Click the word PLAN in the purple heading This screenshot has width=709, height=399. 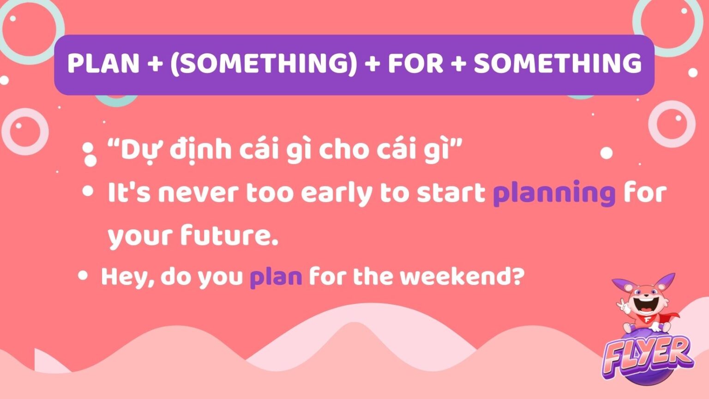coord(103,63)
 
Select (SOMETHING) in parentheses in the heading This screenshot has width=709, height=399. coord(264,63)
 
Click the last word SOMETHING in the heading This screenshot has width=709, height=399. coord(558,63)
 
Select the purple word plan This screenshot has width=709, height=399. coord(276,277)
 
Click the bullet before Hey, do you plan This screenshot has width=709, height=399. coord(83,276)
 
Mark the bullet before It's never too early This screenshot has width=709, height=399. coord(87,191)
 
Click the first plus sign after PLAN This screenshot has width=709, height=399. coord(155,63)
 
